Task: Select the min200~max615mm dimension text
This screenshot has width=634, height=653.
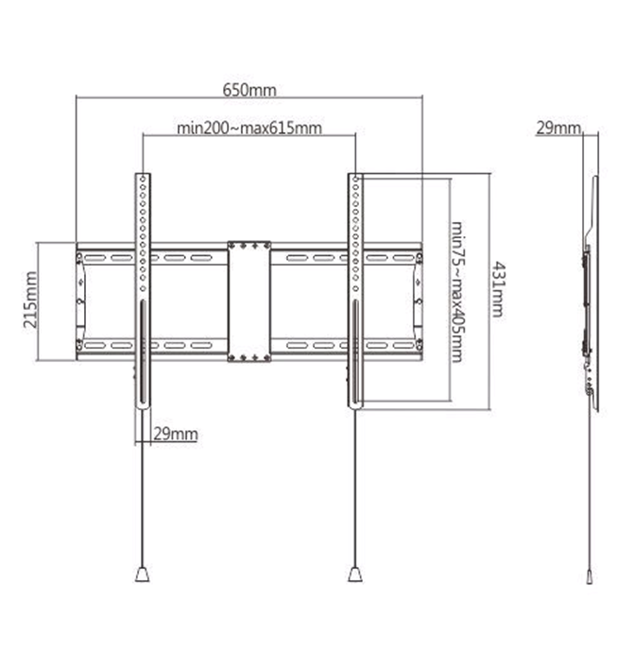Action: (248, 128)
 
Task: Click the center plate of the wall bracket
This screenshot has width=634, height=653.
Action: (249, 301)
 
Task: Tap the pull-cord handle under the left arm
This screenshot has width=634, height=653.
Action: (143, 574)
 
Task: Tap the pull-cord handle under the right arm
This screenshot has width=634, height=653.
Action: (354, 574)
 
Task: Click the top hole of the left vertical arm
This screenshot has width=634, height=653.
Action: (143, 180)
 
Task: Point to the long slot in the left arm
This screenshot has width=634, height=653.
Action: (143, 354)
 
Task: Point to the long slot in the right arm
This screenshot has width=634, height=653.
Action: (354, 354)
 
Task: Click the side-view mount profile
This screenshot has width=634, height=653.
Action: (591, 293)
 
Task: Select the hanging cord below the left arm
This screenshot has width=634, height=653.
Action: (143, 491)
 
